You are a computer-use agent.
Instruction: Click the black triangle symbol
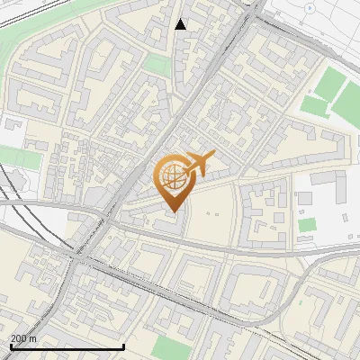tap(181, 24)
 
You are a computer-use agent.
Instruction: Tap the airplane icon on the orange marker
tap(199, 165)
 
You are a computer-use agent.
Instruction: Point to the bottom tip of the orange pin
tap(172, 212)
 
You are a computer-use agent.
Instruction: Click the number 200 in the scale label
tap(19, 337)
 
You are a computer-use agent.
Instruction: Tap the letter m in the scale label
tap(33, 337)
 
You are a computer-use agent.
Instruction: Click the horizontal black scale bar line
tap(67, 346)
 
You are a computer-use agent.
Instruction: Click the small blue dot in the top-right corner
tap(310, 7)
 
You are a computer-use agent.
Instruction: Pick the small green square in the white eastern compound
tap(308, 224)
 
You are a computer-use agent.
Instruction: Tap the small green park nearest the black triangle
tap(157, 64)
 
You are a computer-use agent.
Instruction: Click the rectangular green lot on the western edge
tap(20, 158)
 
